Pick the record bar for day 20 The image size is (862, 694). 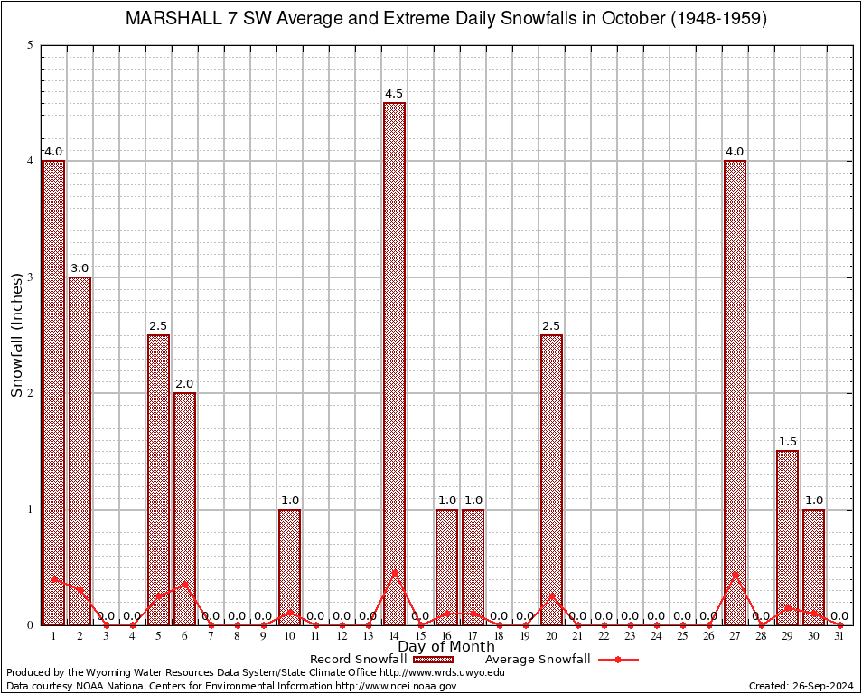point(551,479)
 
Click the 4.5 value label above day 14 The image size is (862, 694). point(394,94)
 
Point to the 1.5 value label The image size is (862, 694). point(787,442)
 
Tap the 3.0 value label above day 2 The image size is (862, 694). point(80,268)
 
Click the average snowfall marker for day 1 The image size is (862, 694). point(53,578)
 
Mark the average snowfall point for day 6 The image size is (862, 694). point(184,584)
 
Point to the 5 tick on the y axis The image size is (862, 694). point(31,45)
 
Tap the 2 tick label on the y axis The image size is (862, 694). point(31,393)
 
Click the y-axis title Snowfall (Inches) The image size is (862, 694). point(16,335)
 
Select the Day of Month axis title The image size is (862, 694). point(446,647)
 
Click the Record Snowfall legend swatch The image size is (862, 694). point(433,660)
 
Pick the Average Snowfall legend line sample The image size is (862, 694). point(617,660)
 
